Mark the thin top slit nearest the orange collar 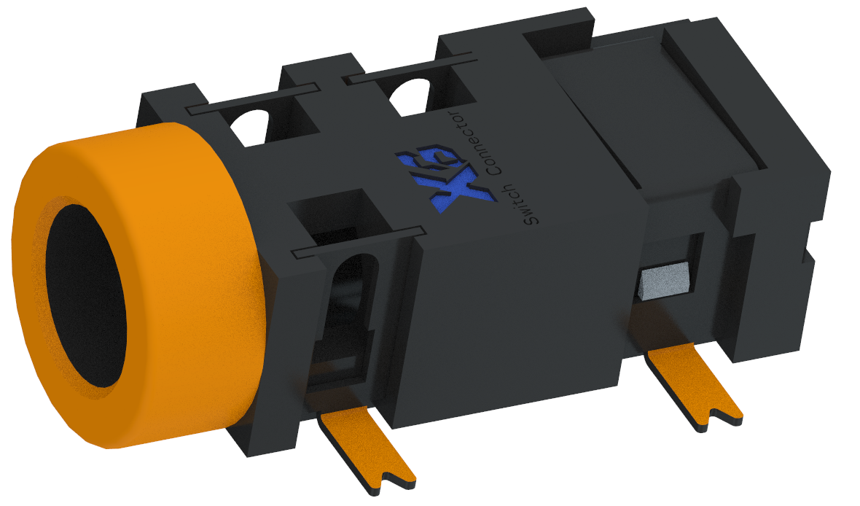click(251, 99)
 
